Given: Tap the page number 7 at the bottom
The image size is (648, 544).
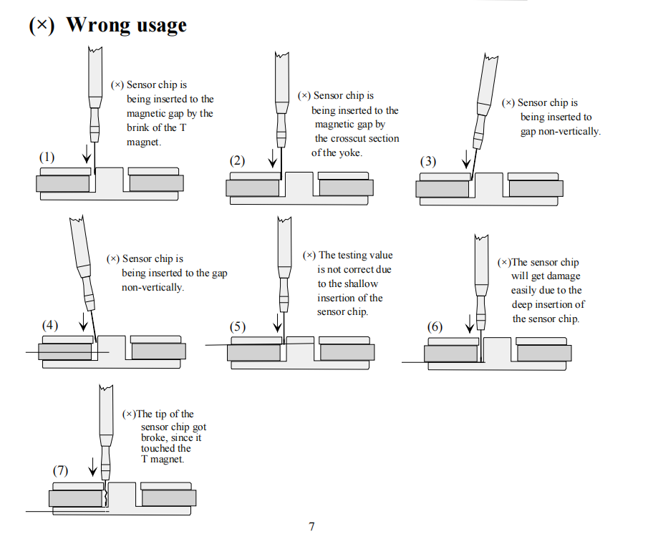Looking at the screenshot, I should (x=311, y=527).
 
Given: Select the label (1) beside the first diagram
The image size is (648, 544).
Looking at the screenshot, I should (x=47, y=157).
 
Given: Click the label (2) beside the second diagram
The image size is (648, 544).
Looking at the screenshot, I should (x=237, y=161).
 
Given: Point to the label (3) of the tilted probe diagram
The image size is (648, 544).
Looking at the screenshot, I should (x=427, y=161).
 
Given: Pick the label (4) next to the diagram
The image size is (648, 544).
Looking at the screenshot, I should (x=49, y=325).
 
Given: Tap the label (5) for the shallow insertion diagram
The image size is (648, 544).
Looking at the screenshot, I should (x=237, y=327).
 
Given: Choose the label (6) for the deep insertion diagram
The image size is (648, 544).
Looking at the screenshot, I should (x=435, y=327).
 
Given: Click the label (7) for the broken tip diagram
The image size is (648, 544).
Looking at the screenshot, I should (x=60, y=471).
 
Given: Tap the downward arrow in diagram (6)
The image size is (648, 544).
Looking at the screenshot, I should (x=470, y=324).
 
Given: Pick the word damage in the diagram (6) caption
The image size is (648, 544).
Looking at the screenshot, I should (x=564, y=276).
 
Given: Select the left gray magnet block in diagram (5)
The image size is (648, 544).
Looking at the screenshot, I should (x=253, y=353).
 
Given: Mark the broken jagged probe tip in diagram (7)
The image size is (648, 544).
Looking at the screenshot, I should (x=105, y=492).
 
